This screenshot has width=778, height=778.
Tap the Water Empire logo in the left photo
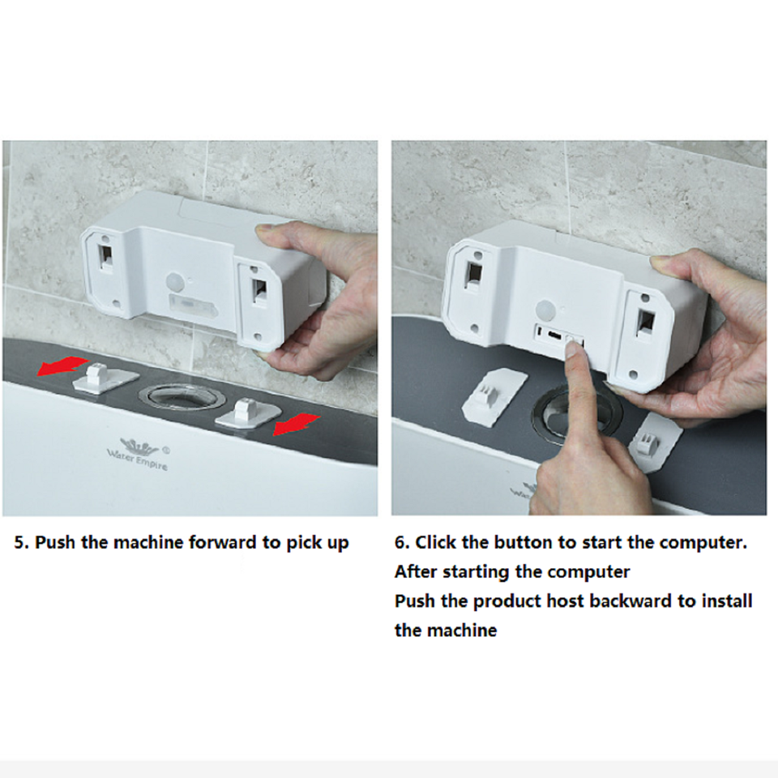pyautogui.click(x=135, y=449)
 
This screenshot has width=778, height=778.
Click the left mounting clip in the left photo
pyautogui.click(x=101, y=378)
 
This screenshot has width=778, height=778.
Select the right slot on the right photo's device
pyautogui.click(x=646, y=322)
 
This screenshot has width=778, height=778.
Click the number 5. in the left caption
pyautogui.click(x=23, y=542)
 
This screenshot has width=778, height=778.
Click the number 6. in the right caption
pyautogui.click(x=402, y=542)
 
